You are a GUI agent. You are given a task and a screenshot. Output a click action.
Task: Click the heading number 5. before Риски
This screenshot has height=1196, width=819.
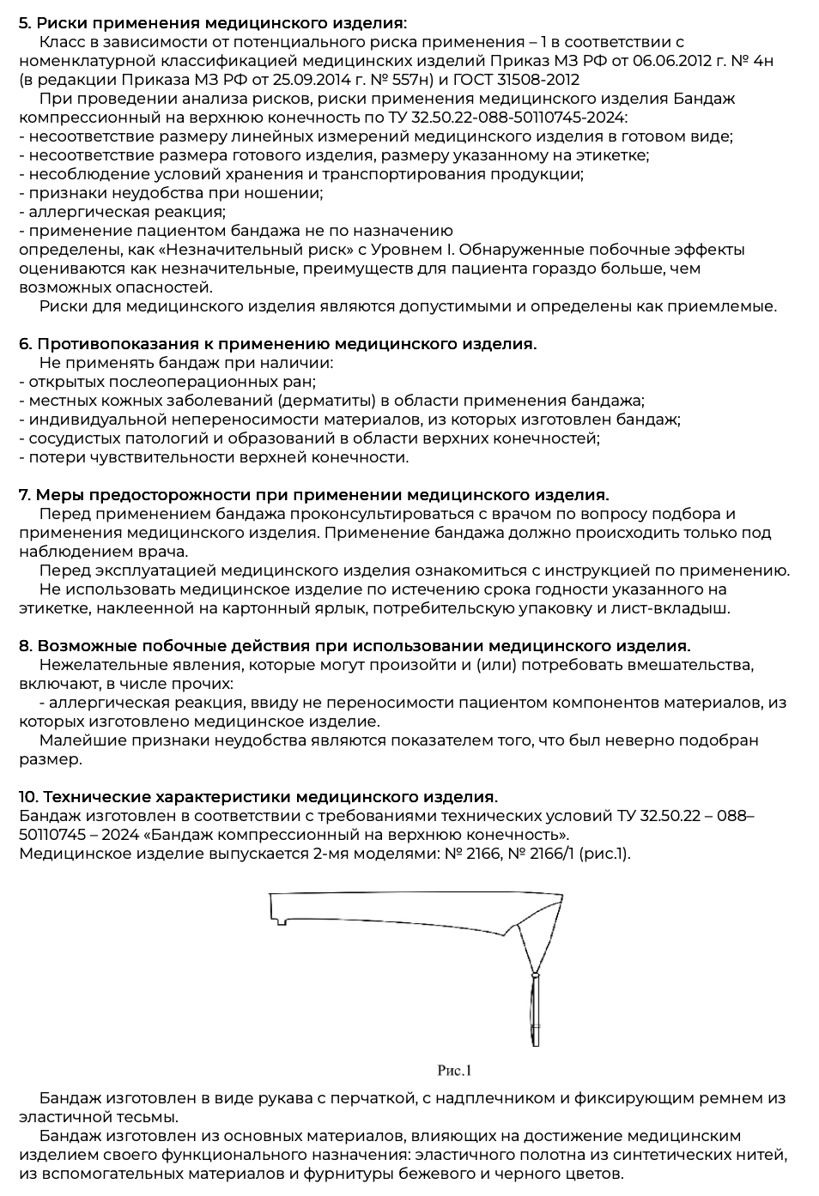click(26, 23)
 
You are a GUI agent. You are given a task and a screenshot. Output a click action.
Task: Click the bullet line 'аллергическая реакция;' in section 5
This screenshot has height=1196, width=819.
click(126, 212)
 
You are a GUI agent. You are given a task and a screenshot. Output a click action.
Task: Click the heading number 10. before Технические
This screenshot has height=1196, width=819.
click(28, 797)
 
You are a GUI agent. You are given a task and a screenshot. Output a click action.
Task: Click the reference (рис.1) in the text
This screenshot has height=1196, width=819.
click(606, 854)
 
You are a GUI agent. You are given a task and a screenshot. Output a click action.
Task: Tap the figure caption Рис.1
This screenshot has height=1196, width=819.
click(454, 1070)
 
